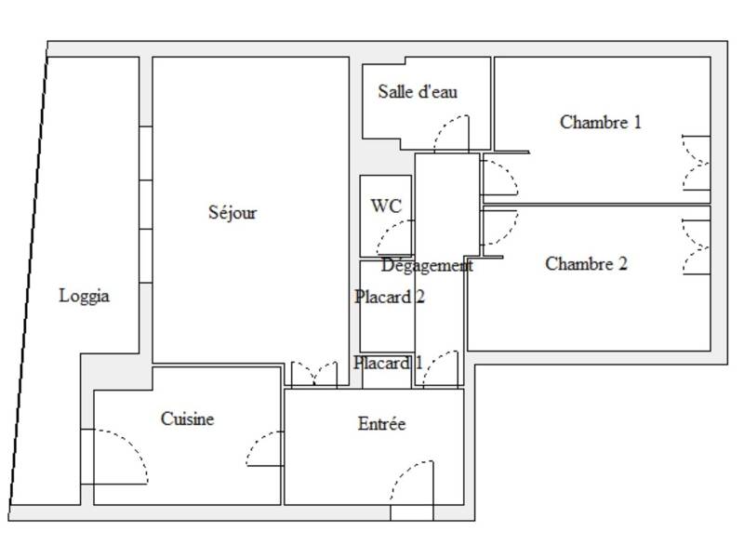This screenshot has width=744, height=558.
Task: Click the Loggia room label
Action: pyautogui.click(x=85, y=297)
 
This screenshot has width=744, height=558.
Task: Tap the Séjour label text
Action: pyautogui.click(x=232, y=213)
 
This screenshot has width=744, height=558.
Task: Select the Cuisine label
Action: pyautogui.click(x=187, y=419)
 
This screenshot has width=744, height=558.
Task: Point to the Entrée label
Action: pyautogui.click(x=382, y=424)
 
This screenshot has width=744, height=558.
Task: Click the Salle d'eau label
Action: pyautogui.click(x=418, y=92)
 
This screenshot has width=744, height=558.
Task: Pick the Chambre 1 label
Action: pyautogui.click(x=601, y=122)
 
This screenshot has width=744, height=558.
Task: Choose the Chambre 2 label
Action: pyautogui.click(x=586, y=264)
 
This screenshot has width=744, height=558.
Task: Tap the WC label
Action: pyautogui.click(x=386, y=206)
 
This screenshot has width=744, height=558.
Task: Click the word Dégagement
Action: pyautogui.click(x=427, y=265)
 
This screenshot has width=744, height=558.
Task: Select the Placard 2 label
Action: pyautogui.click(x=390, y=298)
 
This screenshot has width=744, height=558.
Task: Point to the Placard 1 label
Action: pyautogui.click(x=388, y=363)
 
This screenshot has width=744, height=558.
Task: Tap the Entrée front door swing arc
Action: pyautogui.click(x=405, y=480)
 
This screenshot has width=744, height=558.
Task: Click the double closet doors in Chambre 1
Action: pyautogui.click(x=696, y=162)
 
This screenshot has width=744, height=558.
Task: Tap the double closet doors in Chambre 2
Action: pyautogui.click(x=696, y=247)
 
